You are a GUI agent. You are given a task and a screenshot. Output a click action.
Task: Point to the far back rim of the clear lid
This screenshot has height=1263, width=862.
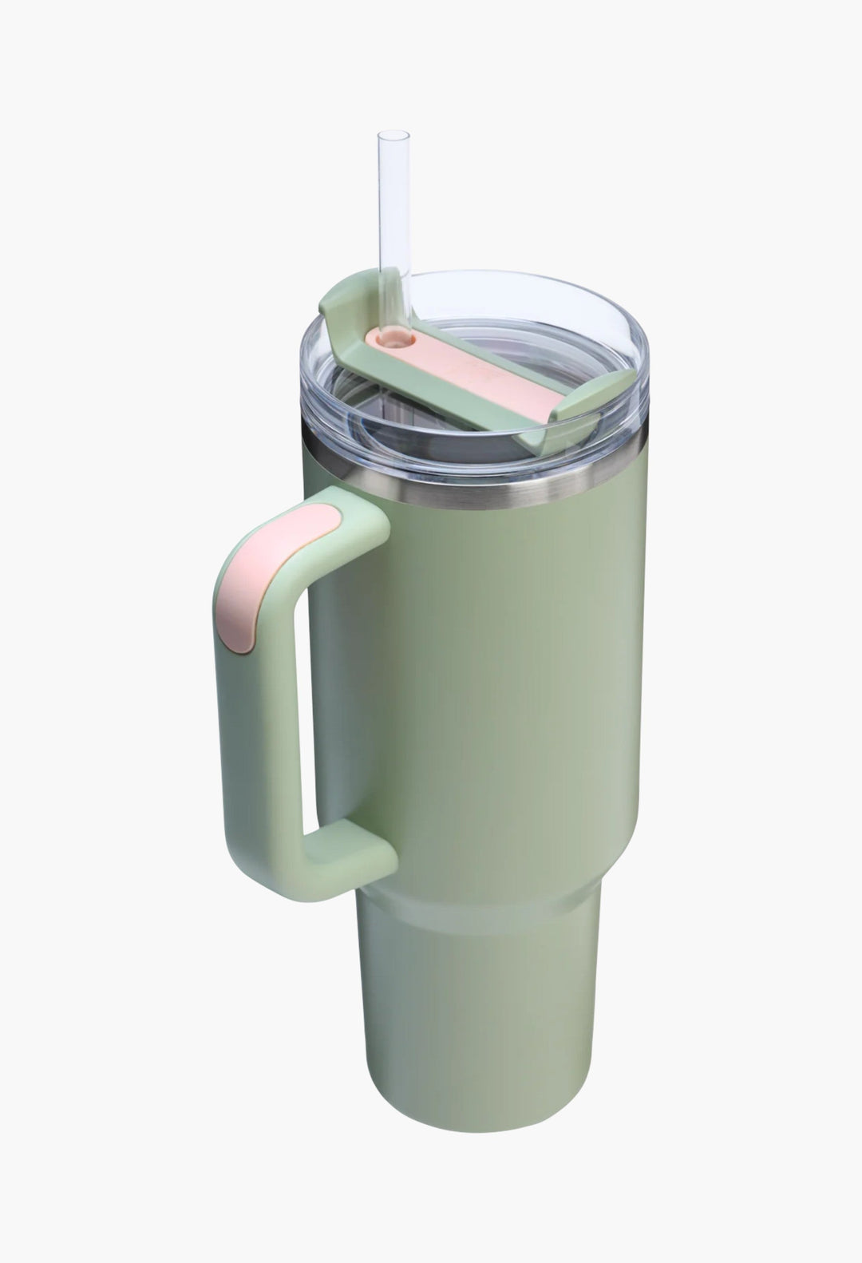pyautogui.click(x=511, y=275)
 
